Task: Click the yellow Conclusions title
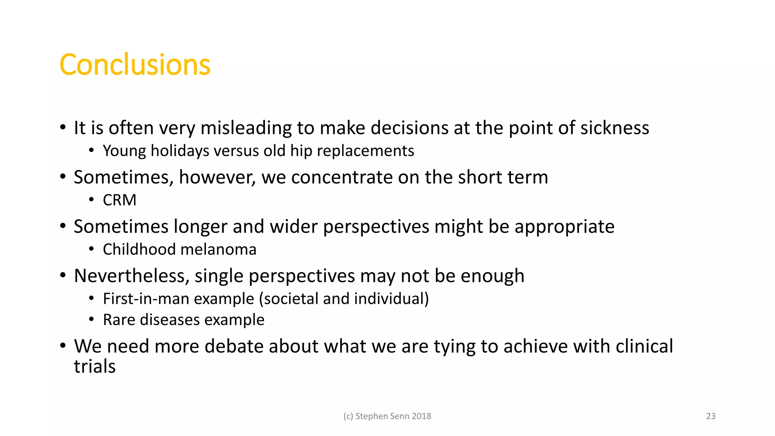click(135, 65)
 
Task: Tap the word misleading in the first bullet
click(246, 128)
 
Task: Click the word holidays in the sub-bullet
click(180, 151)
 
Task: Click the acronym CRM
click(120, 200)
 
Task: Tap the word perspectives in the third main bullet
click(376, 227)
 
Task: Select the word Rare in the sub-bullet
click(119, 320)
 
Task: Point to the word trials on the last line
click(95, 366)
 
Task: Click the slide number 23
click(711, 416)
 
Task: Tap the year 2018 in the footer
click(421, 416)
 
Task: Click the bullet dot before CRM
click(91, 199)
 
